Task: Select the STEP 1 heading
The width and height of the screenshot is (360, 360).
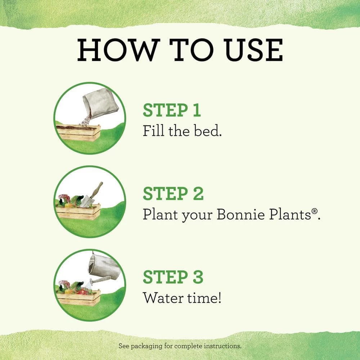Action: coord(171,111)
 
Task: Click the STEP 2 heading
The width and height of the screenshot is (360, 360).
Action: coord(173,194)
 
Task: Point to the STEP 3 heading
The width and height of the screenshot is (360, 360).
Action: coord(173,277)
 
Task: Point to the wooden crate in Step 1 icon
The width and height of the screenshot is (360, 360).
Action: coord(78,133)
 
